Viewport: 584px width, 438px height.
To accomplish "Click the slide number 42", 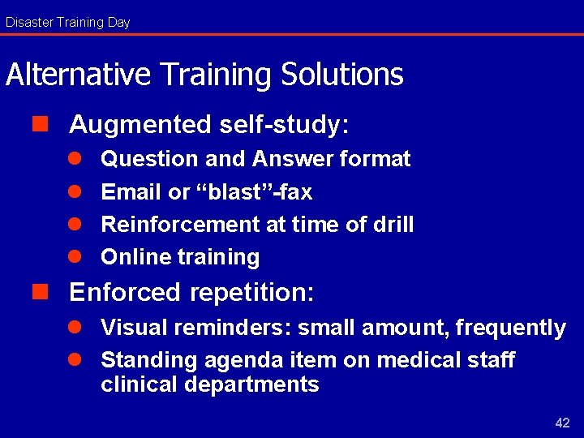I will (x=562, y=423).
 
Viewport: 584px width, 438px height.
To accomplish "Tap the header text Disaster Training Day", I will (x=67, y=22).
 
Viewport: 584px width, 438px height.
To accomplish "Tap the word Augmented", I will (x=140, y=125).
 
